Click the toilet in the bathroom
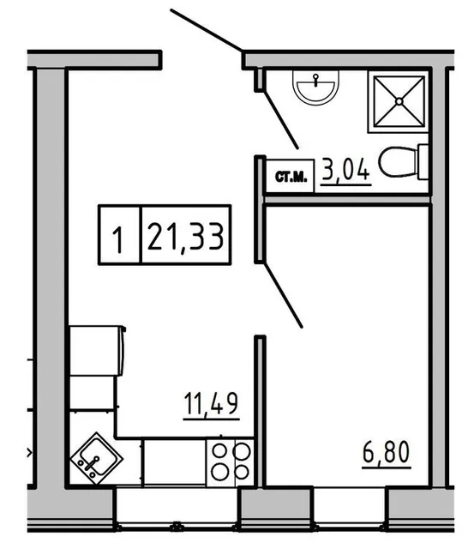click(x=399, y=161)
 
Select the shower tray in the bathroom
click(x=398, y=100)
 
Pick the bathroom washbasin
click(x=316, y=86)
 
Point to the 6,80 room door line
click(x=283, y=295)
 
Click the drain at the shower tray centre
click(x=398, y=100)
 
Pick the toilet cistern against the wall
click(x=422, y=161)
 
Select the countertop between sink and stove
click(x=173, y=462)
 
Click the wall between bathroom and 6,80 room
click(x=346, y=200)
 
